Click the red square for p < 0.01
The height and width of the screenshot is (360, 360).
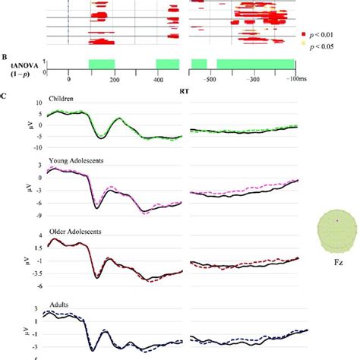click(x=304, y=34)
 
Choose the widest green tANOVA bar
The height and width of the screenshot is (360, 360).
click(x=255, y=65)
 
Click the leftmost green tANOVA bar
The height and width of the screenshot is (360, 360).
click(x=101, y=65)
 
